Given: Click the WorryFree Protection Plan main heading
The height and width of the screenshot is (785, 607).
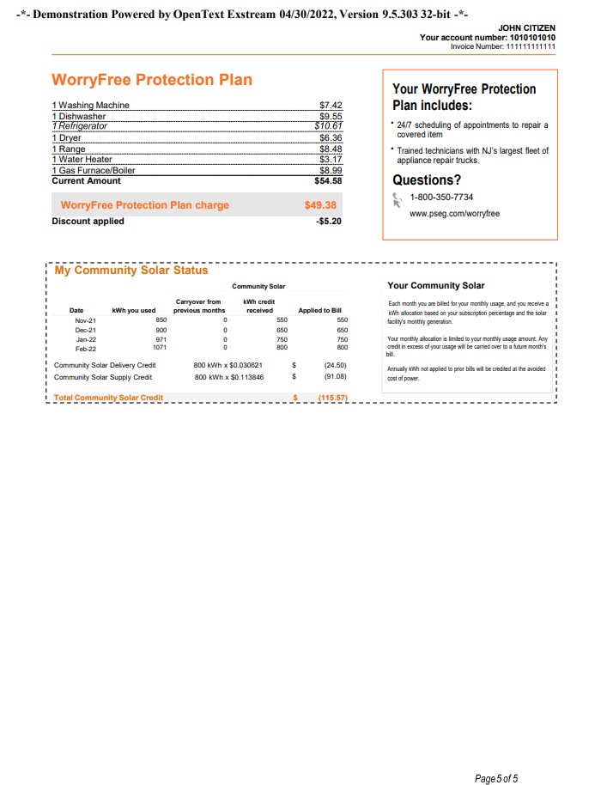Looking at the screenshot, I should click(x=152, y=80).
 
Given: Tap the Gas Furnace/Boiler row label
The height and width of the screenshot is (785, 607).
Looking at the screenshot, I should click(x=94, y=170).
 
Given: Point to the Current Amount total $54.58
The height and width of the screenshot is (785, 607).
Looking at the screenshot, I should click(x=329, y=181).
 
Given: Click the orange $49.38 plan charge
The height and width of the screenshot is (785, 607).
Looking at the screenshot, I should click(x=319, y=206).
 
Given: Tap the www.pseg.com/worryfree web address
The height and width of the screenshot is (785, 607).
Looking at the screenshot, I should click(x=454, y=213).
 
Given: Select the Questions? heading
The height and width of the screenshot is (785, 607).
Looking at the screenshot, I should click(x=427, y=180).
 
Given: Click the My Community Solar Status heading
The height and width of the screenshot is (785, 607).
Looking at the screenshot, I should click(x=131, y=271).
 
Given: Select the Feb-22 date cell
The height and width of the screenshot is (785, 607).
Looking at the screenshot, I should click(x=86, y=348).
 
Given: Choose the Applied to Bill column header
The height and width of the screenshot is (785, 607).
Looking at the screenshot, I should click(x=319, y=310).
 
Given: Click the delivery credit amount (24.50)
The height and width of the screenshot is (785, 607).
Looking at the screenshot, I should click(x=334, y=365).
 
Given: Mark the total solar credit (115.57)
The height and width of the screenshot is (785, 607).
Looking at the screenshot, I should click(x=331, y=398).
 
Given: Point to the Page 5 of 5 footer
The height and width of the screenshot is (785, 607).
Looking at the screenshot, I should click(x=496, y=755).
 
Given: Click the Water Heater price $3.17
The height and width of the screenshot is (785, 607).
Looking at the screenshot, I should click(x=331, y=159).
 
